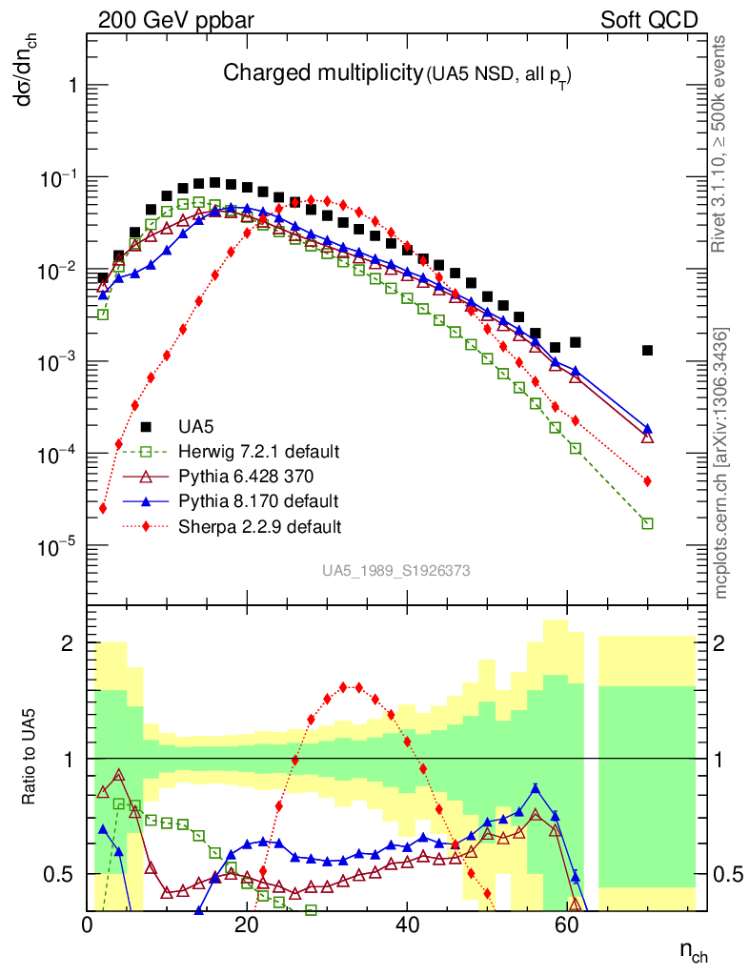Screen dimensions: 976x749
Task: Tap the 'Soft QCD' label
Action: (650, 20)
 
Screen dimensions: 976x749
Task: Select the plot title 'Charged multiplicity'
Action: (322, 72)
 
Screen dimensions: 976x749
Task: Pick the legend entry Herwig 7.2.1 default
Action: (259, 451)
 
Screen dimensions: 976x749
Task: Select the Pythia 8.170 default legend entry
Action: (257, 500)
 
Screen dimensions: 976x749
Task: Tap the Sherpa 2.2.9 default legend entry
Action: (259, 525)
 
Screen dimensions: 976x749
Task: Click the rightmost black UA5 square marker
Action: (647, 350)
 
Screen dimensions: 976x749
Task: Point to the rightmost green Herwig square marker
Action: (647, 523)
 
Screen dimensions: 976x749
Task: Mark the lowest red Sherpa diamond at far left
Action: (103, 508)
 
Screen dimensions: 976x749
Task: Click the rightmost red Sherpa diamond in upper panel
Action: (647, 481)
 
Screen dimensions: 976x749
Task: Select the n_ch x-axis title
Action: (693, 950)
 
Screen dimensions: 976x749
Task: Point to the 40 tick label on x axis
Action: (407, 925)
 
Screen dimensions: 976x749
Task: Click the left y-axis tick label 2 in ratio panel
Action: (68, 643)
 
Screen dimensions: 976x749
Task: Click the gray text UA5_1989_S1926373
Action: (395, 571)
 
